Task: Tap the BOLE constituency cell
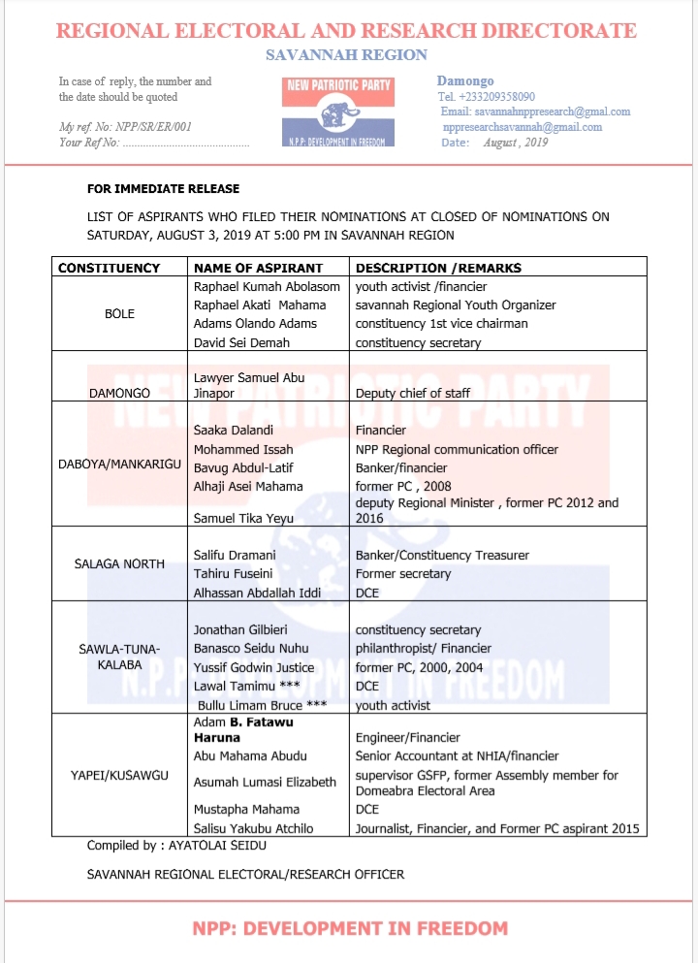pyautogui.click(x=119, y=314)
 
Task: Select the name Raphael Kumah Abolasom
pyautogui.click(x=267, y=286)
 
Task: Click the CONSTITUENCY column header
pyautogui.click(x=109, y=268)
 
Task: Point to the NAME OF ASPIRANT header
pyautogui.click(x=258, y=268)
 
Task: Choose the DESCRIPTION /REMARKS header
pyautogui.click(x=438, y=268)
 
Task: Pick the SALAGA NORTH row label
pyautogui.click(x=119, y=563)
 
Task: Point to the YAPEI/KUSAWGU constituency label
pyautogui.click(x=119, y=774)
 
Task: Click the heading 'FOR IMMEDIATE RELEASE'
pyautogui.click(x=163, y=188)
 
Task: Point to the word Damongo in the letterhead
pyautogui.click(x=465, y=80)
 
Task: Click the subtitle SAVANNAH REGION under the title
pyautogui.click(x=346, y=55)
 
